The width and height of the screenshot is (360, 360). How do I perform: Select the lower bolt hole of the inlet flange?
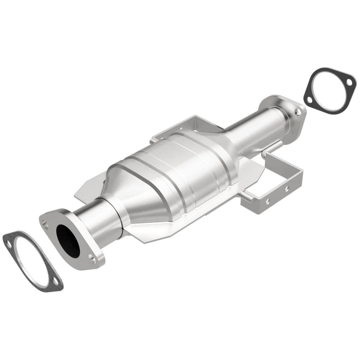click(x=93, y=260)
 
